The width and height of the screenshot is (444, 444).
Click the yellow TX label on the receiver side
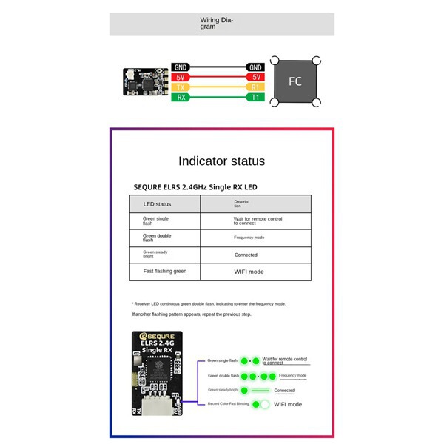point(181,87)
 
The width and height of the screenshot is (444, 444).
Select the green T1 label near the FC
point(255,97)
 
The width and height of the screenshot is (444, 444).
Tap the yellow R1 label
point(255,87)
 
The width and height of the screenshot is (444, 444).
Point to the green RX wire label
point(181,97)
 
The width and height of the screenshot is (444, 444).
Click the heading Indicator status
point(221,161)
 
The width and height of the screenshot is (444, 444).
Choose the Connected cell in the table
point(246,255)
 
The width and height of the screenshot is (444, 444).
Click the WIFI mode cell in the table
point(249,272)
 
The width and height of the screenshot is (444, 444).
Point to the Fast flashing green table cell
point(164,272)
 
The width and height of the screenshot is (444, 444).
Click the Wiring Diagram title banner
point(221,24)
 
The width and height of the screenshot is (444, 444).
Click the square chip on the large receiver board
point(158,369)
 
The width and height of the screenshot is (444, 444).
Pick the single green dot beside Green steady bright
point(256,390)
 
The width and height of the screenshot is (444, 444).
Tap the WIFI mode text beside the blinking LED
point(289,405)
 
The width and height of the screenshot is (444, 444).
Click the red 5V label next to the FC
point(255,77)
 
